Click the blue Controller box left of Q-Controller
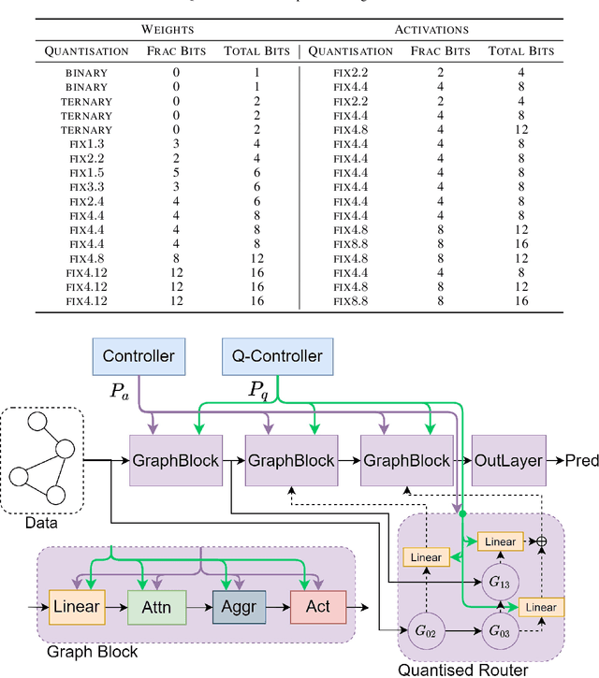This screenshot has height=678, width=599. (139, 356)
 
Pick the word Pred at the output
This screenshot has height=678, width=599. (581, 461)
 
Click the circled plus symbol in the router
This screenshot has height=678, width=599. (540, 541)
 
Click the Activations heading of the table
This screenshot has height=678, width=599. (431, 30)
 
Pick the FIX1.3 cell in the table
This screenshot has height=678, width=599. (89, 144)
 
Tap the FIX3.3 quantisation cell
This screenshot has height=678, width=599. (89, 187)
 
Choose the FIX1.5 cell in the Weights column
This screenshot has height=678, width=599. (89, 173)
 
